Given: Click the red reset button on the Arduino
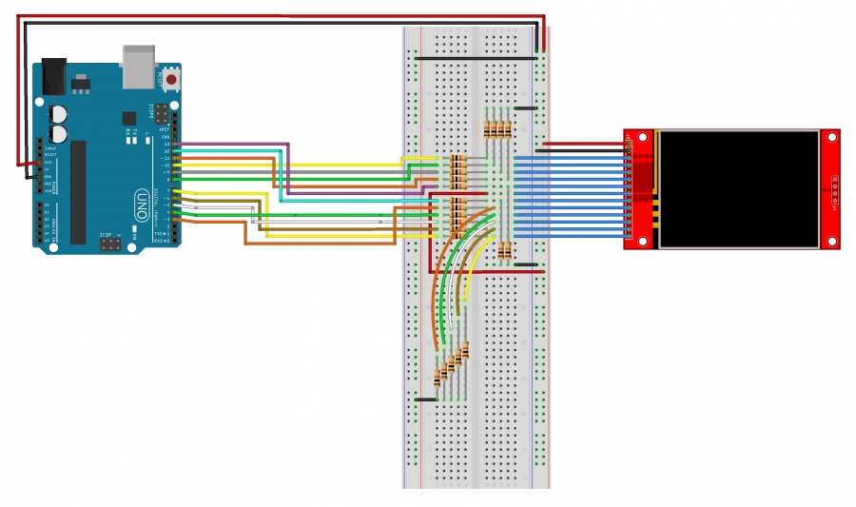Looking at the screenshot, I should [170, 80].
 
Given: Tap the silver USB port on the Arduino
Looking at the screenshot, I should [139, 64].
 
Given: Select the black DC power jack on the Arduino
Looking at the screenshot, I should [53, 77].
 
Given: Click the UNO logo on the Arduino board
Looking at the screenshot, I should [142, 204].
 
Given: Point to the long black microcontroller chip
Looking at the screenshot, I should [78, 191].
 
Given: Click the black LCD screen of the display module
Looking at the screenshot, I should [739, 188].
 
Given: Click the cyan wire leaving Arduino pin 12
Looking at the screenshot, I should [228, 151].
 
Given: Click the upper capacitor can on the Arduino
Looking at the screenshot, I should [59, 112].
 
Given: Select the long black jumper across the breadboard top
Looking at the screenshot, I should [476, 58].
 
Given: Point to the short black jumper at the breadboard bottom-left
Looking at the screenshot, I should [425, 400].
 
